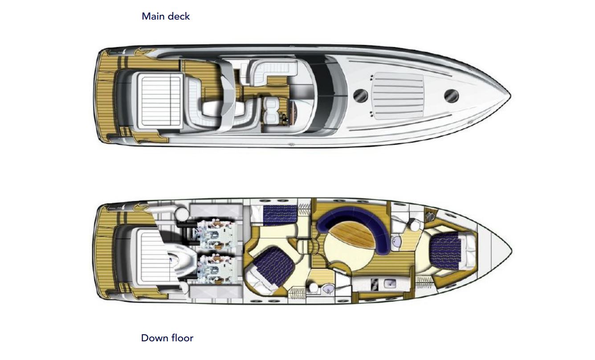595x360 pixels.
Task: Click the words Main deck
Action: pyautogui.click(x=166, y=16)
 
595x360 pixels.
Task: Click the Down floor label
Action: pyautogui.click(x=167, y=338)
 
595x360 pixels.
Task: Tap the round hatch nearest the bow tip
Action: pyautogui.click(x=451, y=96)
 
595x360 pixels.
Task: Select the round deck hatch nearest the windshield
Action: pyautogui.click(x=361, y=95)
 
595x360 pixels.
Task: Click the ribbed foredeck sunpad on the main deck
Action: pyautogui.click(x=399, y=96)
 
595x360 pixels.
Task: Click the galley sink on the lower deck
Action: pyautogui.click(x=389, y=284)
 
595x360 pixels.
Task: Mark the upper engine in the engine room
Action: pyautogui.click(x=216, y=234)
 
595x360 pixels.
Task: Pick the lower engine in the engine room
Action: pyautogui.click(x=216, y=268)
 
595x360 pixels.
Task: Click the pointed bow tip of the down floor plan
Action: pyautogui.click(x=511, y=251)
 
